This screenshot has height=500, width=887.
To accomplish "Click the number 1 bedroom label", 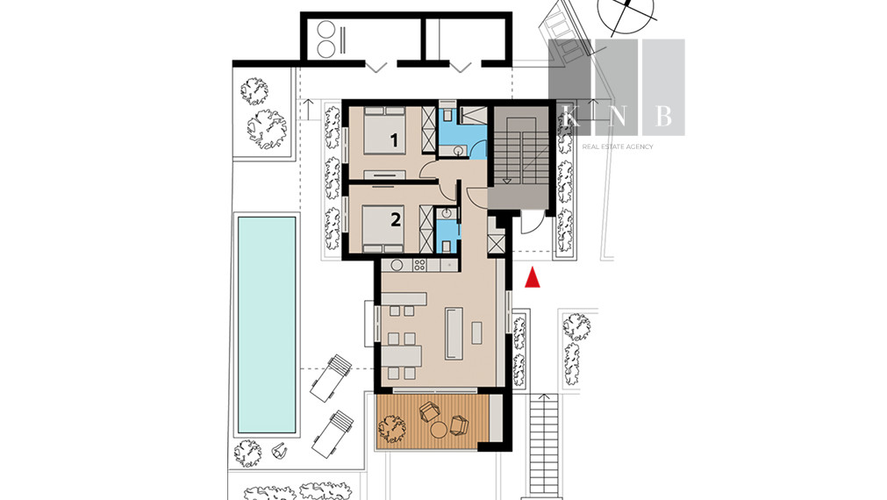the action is [394, 139].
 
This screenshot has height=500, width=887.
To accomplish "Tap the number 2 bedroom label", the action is [396, 219].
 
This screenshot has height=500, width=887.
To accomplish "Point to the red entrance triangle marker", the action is [533, 278].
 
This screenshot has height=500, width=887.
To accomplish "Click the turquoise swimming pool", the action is [267, 325].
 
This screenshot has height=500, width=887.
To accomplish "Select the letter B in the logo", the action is [663, 116].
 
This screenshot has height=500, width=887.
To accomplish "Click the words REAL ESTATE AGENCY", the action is [617, 146].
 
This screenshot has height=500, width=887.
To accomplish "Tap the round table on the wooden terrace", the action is [439, 430].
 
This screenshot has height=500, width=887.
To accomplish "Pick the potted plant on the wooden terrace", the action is [392, 429].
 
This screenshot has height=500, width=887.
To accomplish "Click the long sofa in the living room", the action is [454, 333].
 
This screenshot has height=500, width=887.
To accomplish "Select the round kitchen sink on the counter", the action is [396, 264].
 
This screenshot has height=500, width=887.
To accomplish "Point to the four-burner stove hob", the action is [419, 264].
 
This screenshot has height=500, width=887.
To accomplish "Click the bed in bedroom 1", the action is [384, 130].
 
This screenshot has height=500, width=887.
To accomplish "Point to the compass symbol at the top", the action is [626, 13].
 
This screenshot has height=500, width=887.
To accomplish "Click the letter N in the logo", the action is [617, 116].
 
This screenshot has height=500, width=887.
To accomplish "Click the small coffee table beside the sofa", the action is [477, 332].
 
